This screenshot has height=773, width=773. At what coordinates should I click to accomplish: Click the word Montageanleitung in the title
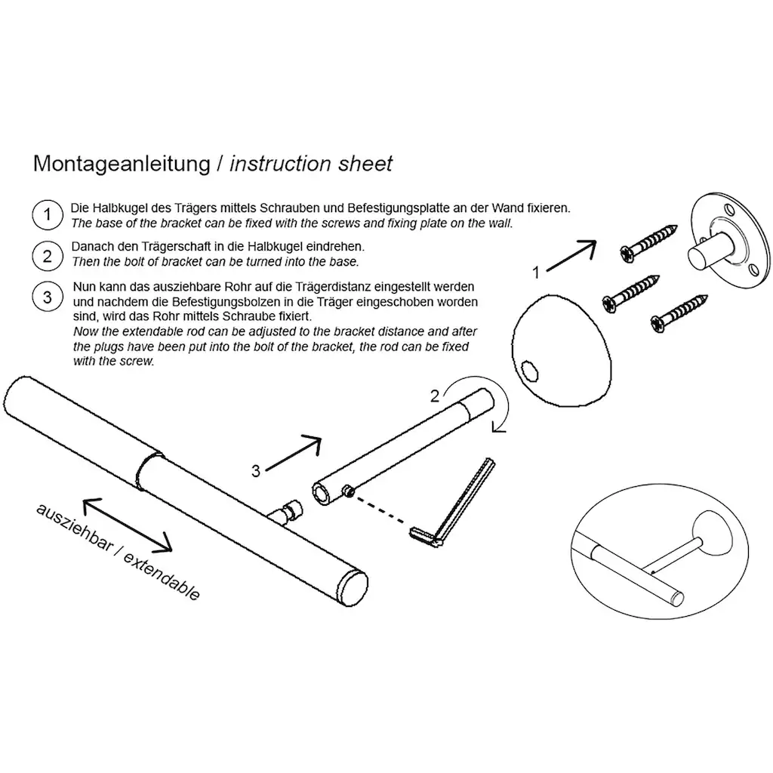pos(122,164)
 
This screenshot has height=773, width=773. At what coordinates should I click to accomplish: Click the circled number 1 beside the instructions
pos(48,215)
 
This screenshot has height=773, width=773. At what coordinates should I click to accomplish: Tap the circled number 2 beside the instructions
pos(48,256)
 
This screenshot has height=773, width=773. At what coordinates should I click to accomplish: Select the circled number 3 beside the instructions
pos(48,297)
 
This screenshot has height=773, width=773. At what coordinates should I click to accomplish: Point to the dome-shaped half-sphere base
pos(562,351)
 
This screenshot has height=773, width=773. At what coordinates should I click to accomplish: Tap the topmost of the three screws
pos(648,244)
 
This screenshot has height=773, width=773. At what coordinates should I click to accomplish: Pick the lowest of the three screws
pos(679,313)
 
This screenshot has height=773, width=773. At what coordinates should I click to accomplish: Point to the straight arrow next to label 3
pos(294,453)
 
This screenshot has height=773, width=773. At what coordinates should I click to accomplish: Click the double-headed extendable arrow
pos(127,525)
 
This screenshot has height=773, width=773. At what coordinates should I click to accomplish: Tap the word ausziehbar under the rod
pos(74,528)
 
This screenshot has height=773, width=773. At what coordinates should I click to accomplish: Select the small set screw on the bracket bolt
pos(349,491)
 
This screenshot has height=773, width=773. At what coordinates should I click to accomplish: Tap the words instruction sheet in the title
pos(311,164)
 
